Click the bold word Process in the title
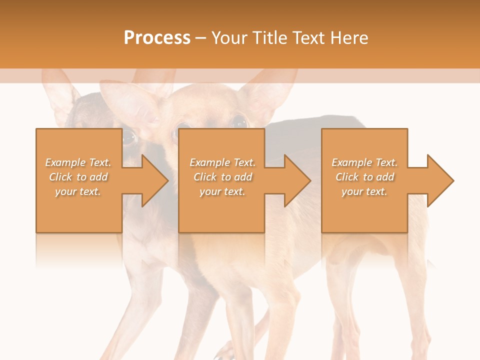tap(157, 37)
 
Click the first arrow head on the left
tap(152, 180)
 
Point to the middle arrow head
tap(295, 180)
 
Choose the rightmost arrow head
tap(438, 180)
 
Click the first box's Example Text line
tap(78, 162)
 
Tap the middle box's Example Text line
tap(222, 162)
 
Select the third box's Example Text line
tap(364, 162)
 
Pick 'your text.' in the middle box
tap(222, 191)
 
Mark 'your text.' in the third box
tap(364, 191)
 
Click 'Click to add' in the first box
tap(78, 177)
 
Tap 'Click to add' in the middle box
tap(222, 177)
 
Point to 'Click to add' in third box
tap(364, 177)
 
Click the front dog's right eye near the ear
tap(239, 121)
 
